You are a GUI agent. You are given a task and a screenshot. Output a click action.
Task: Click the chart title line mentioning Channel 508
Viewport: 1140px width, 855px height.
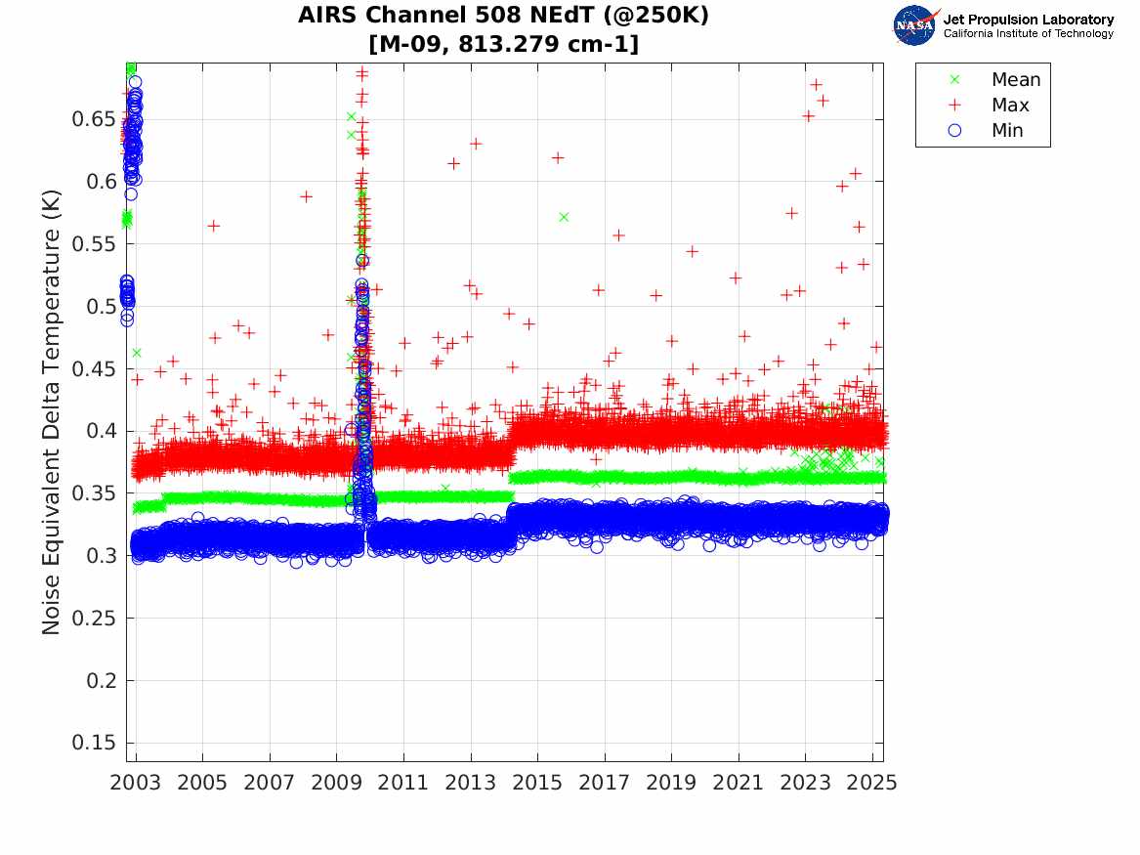click(503, 16)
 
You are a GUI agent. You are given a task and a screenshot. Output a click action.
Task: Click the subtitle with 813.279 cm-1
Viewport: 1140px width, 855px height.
click(503, 44)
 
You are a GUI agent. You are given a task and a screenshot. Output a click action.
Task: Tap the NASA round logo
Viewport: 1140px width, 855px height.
click(914, 25)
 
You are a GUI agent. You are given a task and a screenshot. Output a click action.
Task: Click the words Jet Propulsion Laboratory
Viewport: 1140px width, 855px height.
click(1028, 20)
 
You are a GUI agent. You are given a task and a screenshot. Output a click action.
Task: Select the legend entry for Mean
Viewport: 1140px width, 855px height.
click(1015, 80)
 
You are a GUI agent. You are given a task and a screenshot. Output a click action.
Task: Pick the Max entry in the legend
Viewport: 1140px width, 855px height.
click(1009, 105)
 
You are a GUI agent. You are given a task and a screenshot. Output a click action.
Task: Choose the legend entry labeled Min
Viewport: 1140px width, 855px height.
click(1007, 130)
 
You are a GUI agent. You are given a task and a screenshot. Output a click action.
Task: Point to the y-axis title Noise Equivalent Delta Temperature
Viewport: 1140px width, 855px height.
click(52, 413)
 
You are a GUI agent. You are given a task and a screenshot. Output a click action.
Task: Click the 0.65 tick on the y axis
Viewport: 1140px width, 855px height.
click(95, 120)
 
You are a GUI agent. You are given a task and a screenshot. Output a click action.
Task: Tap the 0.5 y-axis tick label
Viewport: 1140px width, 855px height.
click(101, 307)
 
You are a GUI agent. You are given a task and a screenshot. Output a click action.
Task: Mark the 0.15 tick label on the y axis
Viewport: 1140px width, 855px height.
click(95, 743)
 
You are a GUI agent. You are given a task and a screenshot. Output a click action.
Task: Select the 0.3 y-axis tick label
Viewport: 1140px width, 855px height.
click(101, 556)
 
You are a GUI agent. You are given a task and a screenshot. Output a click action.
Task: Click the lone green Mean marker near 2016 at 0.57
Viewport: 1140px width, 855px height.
click(564, 217)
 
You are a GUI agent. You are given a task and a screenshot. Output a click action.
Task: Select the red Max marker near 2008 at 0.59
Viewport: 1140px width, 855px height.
click(306, 196)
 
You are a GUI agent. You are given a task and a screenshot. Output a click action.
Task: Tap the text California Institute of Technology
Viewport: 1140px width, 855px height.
click(1028, 34)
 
